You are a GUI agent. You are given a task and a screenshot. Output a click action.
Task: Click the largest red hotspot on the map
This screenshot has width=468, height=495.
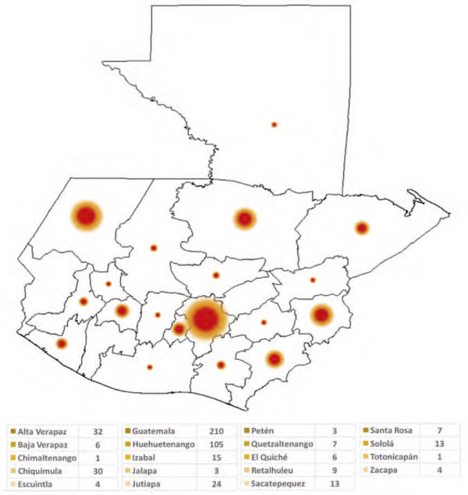tap(205, 318)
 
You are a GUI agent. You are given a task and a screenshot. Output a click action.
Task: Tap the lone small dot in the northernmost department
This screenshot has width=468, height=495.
tap(274, 124)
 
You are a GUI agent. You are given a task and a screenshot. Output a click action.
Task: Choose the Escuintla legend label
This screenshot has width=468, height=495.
tap(39, 485)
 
